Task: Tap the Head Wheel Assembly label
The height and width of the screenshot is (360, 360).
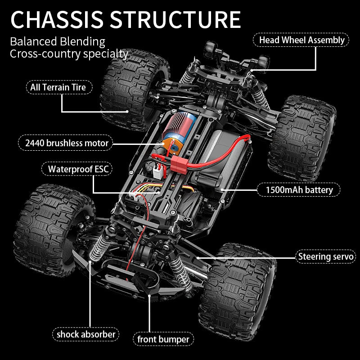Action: pyautogui.click(x=301, y=40)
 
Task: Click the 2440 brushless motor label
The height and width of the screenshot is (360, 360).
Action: pyautogui.click(x=67, y=143)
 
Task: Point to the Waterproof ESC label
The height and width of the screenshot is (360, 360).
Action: pyautogui.click(x=76, y=169)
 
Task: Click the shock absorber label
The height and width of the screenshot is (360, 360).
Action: pyautogui.click(x=86, y=334)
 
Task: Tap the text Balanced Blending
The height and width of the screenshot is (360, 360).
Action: pyautogui.click(x=58, y=42)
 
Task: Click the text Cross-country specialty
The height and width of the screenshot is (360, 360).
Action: pyautogui.click(x=69, y=54)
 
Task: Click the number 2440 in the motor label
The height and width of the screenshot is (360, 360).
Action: pyautogui.click(x=36, y=143)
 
